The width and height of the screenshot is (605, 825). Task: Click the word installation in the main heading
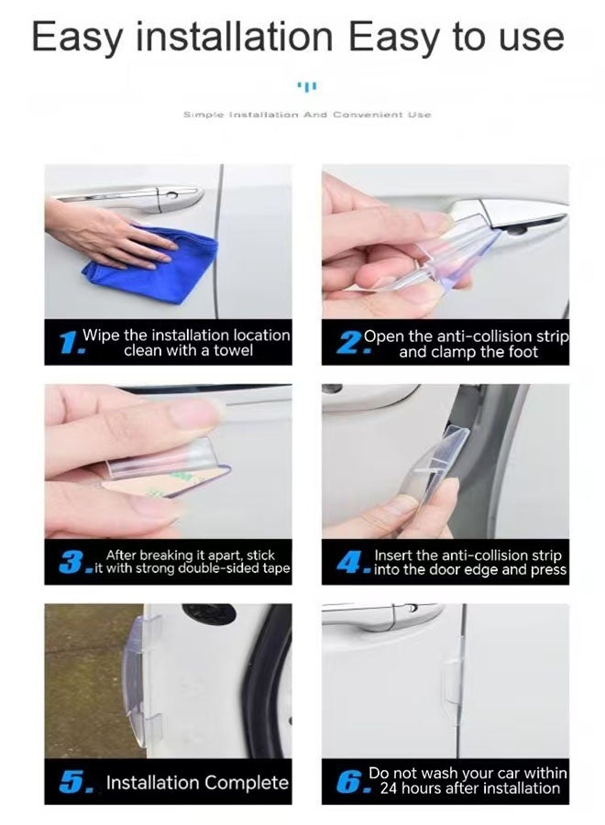coord(236,37)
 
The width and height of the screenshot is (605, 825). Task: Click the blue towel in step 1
coord(152,265)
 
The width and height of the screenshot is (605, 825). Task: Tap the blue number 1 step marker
coord(69,343)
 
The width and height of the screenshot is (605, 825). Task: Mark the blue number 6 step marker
coord(350,781)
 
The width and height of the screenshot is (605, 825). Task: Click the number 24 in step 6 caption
coord(389,788)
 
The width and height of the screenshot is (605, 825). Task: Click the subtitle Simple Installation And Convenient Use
coord(307,115)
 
